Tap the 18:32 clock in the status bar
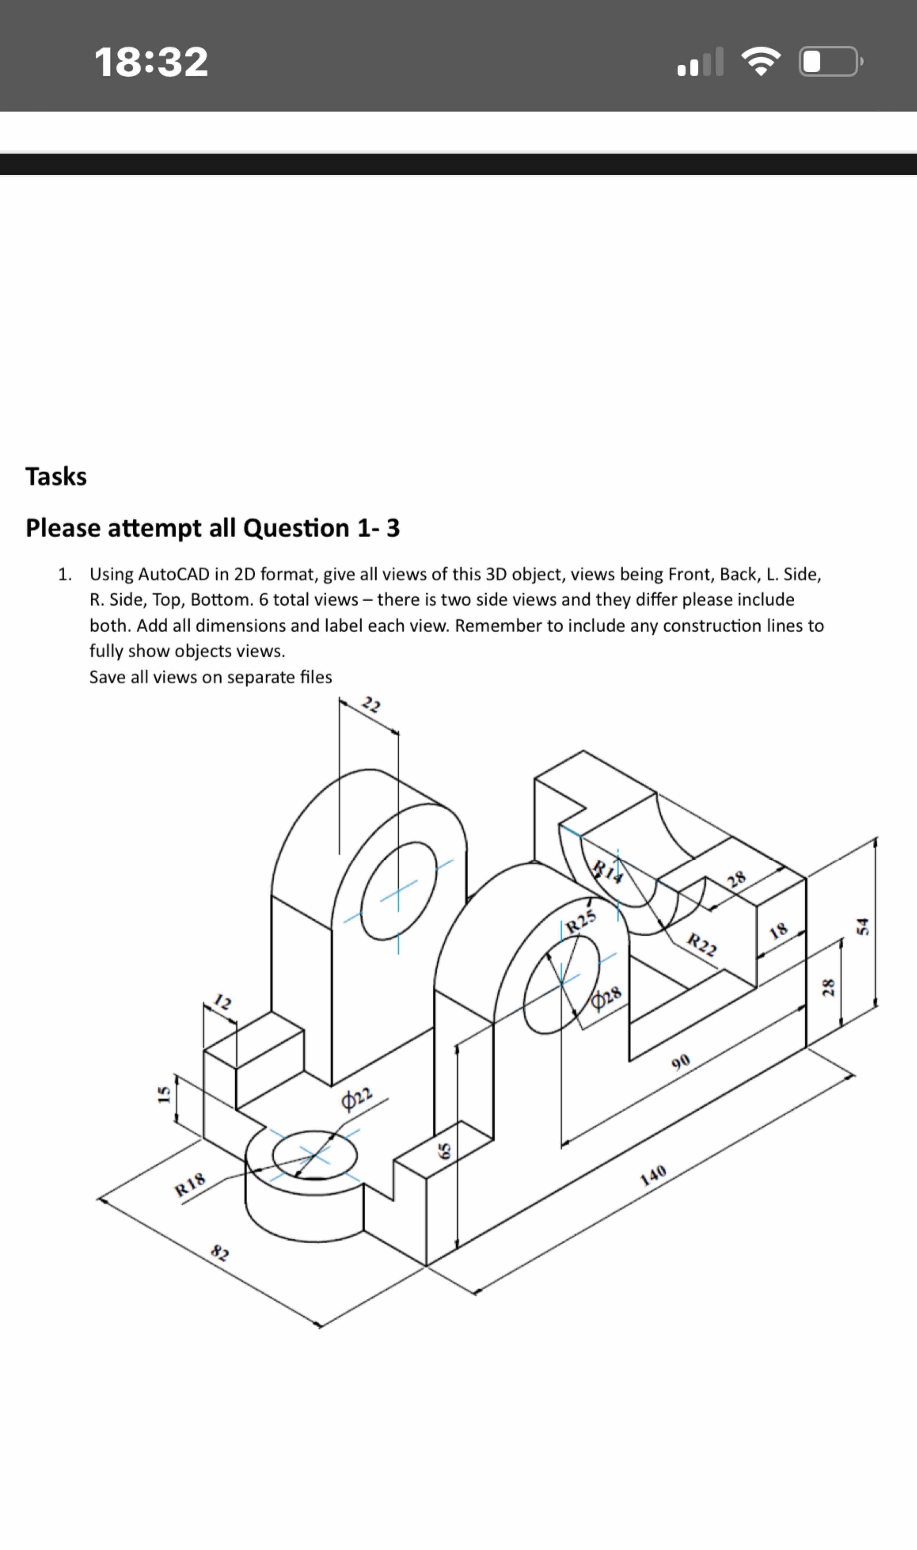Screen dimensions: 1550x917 click(151, 62)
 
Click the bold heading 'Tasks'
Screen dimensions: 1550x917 click(56, 476)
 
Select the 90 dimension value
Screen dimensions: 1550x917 click(680, 1062)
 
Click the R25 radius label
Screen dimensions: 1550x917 click(581, 921)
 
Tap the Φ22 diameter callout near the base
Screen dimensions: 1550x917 click(357, 1098)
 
